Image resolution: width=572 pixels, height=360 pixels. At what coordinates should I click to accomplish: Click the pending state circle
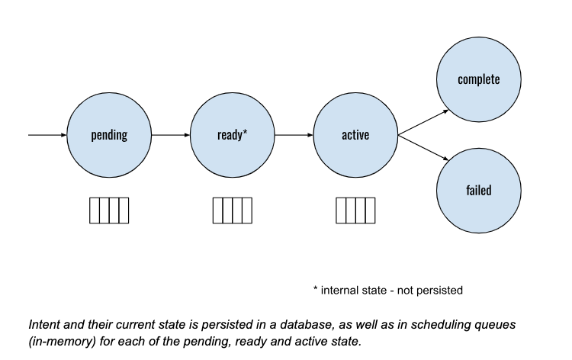pos(109,136)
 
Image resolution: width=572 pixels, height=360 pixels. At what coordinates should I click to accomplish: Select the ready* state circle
pos(233,136)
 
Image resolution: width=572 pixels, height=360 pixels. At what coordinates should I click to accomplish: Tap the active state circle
pos(355,136)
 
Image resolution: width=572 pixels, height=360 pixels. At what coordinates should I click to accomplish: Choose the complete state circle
pos(478,79)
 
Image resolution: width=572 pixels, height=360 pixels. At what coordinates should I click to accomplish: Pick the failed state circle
pos(478,190)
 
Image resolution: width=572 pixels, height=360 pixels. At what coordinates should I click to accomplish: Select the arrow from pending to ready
pos(170,136)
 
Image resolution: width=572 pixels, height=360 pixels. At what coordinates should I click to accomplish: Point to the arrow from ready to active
pos(294,136)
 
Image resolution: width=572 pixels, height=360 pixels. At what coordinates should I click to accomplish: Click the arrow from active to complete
pos(424,122)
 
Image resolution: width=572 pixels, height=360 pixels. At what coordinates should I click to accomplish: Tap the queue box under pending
pos(109,210)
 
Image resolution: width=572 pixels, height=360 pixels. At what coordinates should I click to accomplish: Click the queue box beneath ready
pos(233,210)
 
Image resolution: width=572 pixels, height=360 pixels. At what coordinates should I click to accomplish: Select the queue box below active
pos(355,210)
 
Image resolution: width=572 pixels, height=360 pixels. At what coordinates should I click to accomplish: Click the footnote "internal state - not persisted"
pos(392,290)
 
